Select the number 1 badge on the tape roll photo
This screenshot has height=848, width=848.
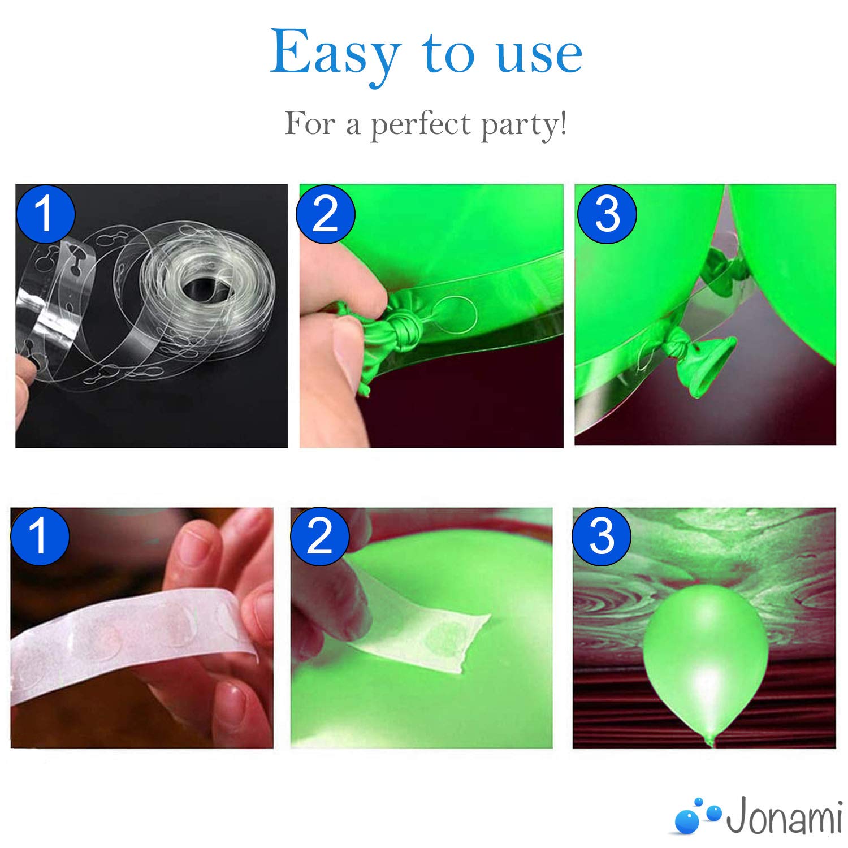point(45,214)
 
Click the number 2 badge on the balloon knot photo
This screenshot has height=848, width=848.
point(326,214)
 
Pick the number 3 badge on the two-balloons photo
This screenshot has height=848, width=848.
point(607,214)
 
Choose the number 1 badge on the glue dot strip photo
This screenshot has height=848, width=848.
point(40,535)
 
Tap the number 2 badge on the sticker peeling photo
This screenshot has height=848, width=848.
point(320,535)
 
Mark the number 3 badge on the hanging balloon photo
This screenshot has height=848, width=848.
point(602,535)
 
